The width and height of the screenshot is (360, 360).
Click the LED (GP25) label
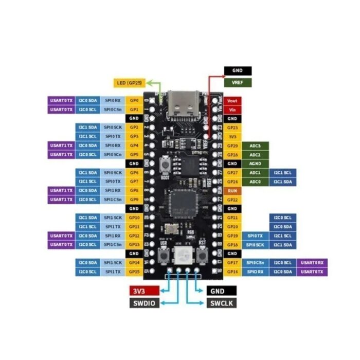coord(130,82)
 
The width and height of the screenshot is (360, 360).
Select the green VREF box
coord(238,82)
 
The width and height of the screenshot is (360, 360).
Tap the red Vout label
coord(232,101)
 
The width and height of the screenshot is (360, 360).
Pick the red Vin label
coord(232,110)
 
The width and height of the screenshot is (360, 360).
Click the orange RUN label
coord(232,191)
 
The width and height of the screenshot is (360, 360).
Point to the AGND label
coord(255,164)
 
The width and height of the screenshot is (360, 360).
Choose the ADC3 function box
coord(255,146)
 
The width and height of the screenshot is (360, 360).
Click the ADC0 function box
coord(255,182)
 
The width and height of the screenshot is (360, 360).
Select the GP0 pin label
coord(134,101)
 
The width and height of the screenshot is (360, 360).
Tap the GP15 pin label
coord(134,272)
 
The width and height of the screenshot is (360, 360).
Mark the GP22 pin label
coord(232,200)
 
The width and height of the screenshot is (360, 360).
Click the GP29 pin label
coord(232,146)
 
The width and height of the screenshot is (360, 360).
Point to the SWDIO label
coord(144,303)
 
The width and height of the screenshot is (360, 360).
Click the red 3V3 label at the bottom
coord(144,291)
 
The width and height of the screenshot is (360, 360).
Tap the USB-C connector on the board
coord(183,103)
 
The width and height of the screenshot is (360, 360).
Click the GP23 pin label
coord(232,128)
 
